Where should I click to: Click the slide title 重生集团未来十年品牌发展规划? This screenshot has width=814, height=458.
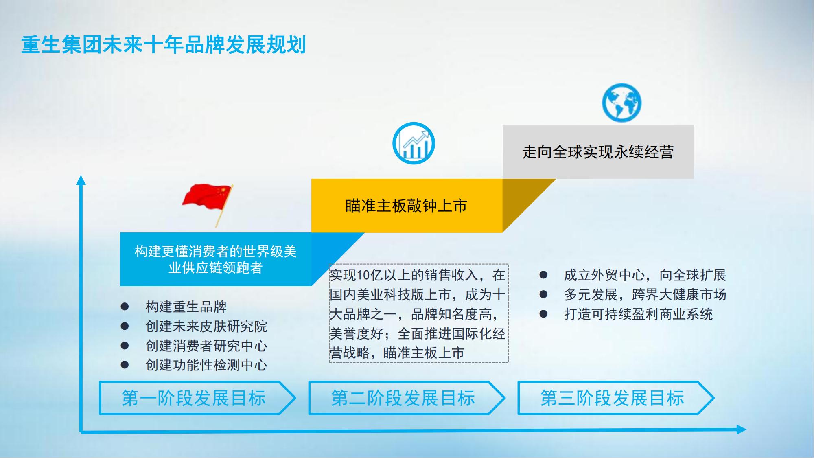164,45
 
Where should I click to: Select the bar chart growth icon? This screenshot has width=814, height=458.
414,143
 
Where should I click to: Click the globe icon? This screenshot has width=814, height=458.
621,103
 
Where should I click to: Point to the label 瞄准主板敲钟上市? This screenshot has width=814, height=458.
406,206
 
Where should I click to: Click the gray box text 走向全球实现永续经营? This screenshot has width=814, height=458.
598,152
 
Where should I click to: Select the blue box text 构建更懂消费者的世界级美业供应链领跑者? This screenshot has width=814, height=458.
216,259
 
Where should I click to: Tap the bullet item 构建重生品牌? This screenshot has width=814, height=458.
186,307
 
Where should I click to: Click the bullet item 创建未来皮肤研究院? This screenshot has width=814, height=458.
206,326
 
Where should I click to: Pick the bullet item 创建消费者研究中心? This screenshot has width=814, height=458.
206,346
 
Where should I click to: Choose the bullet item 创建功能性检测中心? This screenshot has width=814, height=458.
206,365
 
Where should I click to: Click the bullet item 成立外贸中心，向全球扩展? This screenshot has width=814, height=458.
645,275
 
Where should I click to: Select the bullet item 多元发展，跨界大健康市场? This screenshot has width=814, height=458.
645,294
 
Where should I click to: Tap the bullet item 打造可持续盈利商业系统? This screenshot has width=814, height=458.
638,314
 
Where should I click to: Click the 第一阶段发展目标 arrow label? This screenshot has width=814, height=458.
198,398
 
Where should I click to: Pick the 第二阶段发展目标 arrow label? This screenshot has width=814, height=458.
407,398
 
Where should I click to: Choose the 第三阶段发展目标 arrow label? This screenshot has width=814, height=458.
616,398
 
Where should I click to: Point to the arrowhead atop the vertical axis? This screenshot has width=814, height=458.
81,180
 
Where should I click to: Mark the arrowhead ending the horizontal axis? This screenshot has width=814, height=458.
742,430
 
